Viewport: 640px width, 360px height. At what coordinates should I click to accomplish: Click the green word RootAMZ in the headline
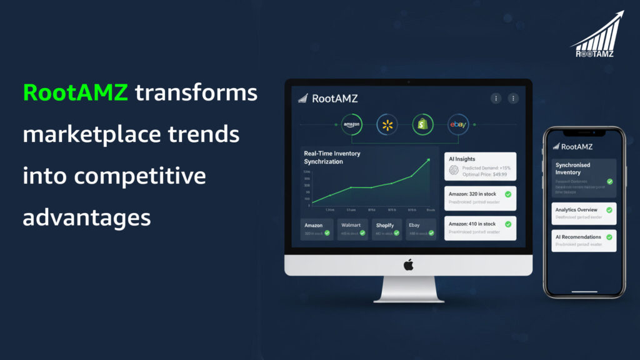click(75, 92)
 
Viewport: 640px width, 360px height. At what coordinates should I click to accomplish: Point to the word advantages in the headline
click(87, 217)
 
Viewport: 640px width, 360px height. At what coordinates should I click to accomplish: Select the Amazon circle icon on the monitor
click(352, 125)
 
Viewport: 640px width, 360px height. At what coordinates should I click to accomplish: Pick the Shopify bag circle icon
click(422, 125)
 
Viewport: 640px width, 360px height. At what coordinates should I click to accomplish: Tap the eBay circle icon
click(457, 125)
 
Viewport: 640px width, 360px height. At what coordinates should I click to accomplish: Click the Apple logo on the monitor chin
click(408, 265)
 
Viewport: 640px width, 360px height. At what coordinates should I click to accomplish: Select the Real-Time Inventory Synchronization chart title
click(332, 157)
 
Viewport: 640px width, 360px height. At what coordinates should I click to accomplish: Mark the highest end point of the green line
click(429, 160)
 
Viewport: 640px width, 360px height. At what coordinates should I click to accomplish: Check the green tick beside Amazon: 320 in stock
click(507, 194)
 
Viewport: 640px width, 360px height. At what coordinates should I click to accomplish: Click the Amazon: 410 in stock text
click(472, 224)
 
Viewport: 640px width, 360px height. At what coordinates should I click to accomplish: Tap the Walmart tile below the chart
click(352, 229)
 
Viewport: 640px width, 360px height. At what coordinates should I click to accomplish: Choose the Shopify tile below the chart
click(387, 229)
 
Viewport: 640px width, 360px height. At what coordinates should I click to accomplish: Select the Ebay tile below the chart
click(421, 229)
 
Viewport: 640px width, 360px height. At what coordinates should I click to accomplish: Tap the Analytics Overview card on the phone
click(584, 213)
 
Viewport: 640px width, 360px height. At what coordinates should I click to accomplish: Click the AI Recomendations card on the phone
click(584, 241)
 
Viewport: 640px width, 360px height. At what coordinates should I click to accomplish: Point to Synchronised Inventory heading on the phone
click(573, 169)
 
